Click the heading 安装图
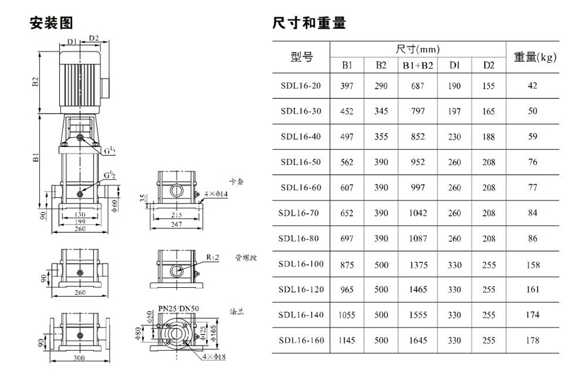[x=52, y=24]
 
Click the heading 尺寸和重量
[x=309, y=24]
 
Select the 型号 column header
[x=301, y=58]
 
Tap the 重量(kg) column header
[x=534, y=58]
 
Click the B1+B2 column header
[x=418, y=66]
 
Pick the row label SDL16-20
[x=301, y=86]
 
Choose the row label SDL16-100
[x=301, y=264]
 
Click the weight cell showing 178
[x=532, y=340]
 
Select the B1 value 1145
[x=347, y=340]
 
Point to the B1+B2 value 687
[x=418, y=86]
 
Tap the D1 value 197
[x=455, y=112]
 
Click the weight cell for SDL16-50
[x=532, y=163]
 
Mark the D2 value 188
[x=489, y=137]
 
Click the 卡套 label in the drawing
[x=236, y=182]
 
